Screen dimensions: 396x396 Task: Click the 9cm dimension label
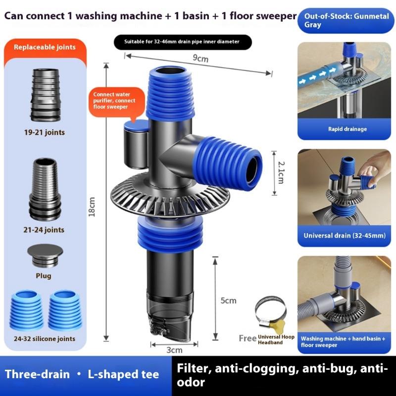coord(200,58)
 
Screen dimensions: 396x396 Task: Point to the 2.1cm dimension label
coord(281,171)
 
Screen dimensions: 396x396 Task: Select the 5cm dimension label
coord(229,300)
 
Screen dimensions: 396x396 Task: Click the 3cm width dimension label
coord(174,350)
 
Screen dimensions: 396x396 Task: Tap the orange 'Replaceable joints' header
coord(45,48)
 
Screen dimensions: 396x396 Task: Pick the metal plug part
coord(45,255)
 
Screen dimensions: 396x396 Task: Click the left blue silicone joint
coord(27,310)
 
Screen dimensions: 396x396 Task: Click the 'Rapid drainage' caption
coord(347,130)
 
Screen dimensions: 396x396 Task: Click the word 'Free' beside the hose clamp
coord(247,339)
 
